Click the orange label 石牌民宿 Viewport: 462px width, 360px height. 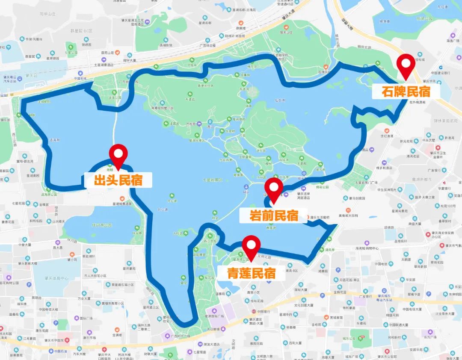400,91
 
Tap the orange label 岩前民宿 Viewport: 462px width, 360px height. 274,215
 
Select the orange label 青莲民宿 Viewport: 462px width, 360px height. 251,273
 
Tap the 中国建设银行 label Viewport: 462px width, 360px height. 441,73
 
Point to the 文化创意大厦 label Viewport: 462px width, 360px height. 305,305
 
